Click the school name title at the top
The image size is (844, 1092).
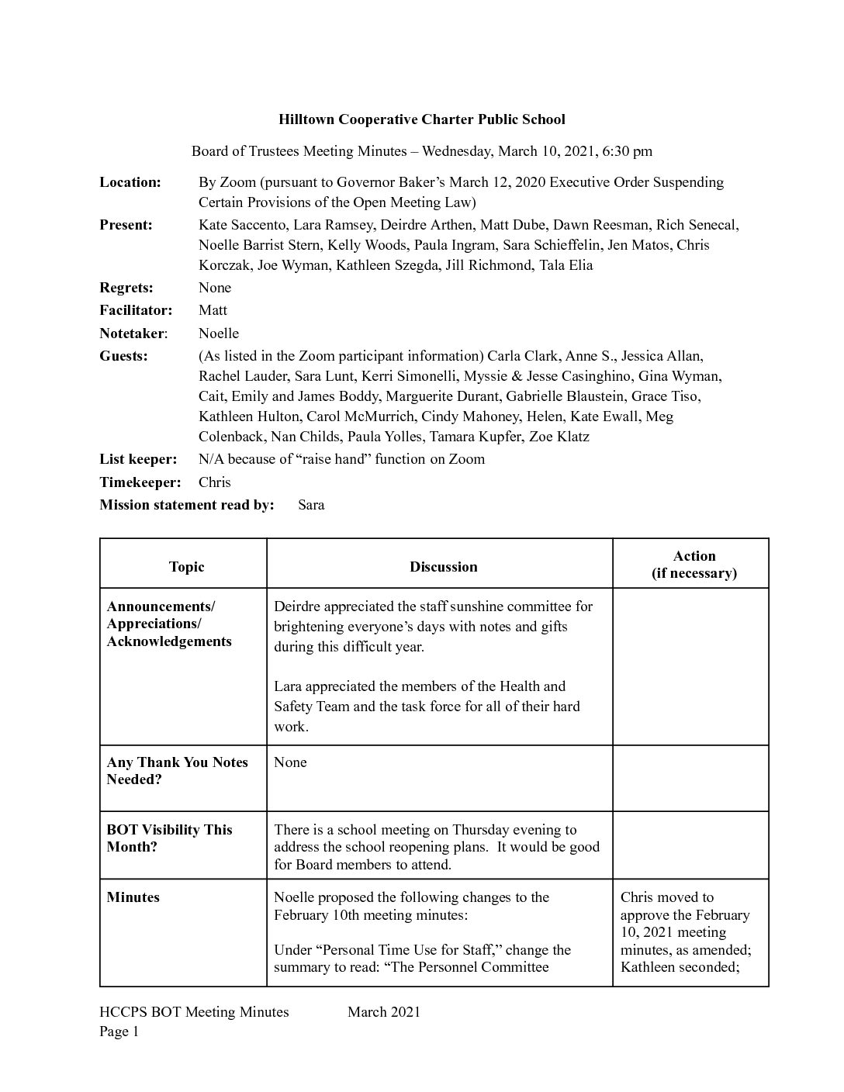422,119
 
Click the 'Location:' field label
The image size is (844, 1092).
130,182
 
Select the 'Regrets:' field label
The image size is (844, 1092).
126,288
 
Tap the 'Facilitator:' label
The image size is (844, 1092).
136,310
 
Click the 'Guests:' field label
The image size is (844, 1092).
123,356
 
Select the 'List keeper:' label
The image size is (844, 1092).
138,459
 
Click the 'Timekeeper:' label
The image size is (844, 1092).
140,482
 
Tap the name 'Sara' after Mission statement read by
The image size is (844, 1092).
311,505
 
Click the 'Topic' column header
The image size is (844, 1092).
186,567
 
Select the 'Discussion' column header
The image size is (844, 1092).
444,567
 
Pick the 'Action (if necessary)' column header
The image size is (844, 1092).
694,565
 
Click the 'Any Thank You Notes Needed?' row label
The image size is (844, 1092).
178,771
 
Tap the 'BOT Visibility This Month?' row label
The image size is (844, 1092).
169,838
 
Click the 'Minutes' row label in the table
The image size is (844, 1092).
133,897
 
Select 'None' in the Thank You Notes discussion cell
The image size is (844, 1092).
290,762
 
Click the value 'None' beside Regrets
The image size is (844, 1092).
215,288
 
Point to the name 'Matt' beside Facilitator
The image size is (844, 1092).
213,310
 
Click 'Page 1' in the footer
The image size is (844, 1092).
119,1032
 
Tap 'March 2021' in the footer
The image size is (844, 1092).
384,1011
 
